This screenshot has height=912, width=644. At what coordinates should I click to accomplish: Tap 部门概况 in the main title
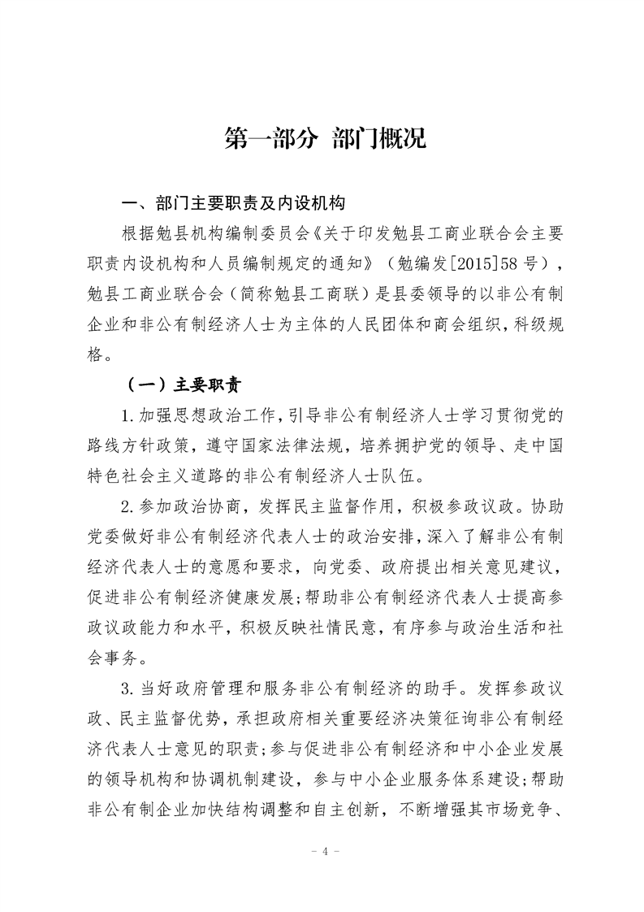[x=379, y=138]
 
